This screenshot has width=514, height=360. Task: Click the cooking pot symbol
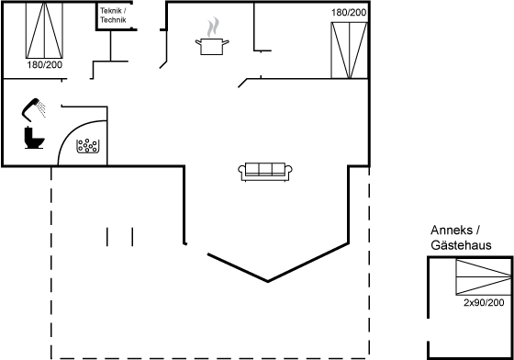pyautogui.click(x=212, y=46)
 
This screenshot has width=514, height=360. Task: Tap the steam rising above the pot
pyautogui.click(x=212, y=28)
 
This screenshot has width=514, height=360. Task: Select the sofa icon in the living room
pyautogui.click(x=265, y=172)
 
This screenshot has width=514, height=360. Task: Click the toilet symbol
pyautogui.click(x=34, y=138)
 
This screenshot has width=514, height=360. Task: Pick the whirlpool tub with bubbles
pyautogui.click(x=87, y=146)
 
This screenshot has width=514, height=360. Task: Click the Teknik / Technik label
pyautogui.click(x=113, y=16)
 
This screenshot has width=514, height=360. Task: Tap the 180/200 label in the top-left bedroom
pyautogui.click(x=45, y=65)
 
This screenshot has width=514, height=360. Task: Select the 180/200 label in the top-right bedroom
pyautogui.click(x=349, y=13)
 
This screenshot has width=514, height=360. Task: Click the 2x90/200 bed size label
pyautogui.click(x=484, y=303)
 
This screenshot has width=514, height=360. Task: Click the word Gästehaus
pyautogui.click(x=461, y=245)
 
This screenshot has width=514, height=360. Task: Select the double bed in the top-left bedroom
pyautogui.click(x=44, y=30)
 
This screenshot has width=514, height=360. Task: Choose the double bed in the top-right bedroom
pyautogui.click(x=349, y=51)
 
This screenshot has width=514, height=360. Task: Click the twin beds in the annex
pyautogui.click(x=484, y=277)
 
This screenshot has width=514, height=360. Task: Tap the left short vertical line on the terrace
pyautogui.click(x=107, y=237)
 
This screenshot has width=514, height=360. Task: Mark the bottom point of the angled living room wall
pyautogui.click(x=268, y=281)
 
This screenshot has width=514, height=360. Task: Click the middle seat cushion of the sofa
pyautogui.click(x=265, y=169)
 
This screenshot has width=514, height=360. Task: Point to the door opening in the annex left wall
pyautogui.click(x=428, y=330)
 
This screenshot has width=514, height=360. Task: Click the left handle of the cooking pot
pyautogui.click(x=198, y=41)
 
